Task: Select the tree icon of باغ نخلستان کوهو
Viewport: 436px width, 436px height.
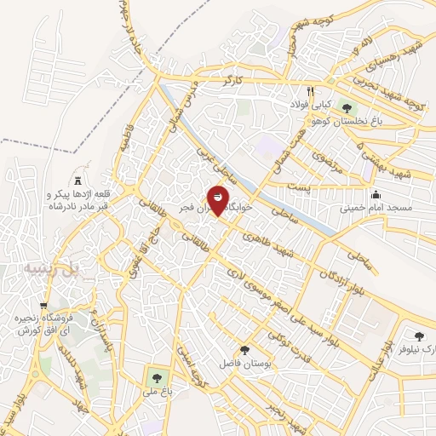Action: coord(346,107)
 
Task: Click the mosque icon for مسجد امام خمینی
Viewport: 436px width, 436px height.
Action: coord(376,194)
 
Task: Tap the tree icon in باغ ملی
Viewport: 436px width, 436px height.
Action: coord(155,377)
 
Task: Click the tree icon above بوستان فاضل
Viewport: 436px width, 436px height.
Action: coord(245,350)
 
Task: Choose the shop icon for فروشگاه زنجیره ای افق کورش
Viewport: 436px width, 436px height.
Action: coord(44,306)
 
